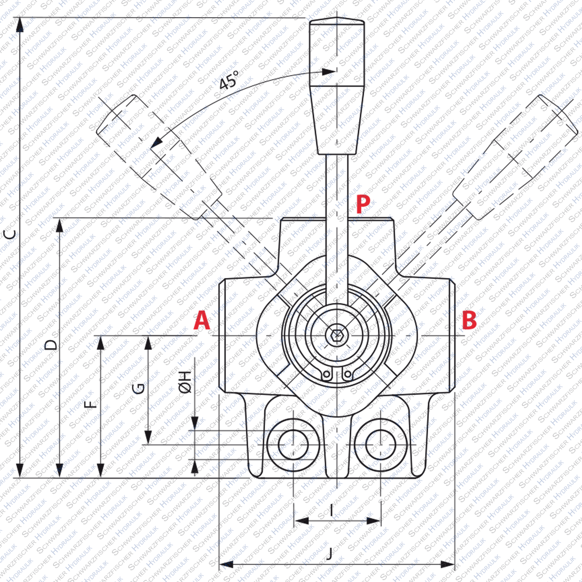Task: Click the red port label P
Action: point(363,204)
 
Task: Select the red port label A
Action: point(202,321)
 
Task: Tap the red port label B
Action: point(469,320)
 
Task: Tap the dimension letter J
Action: point(329,554)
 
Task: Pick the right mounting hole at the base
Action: point(380,444)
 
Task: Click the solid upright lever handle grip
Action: point(337,86)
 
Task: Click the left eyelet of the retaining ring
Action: point(326,374)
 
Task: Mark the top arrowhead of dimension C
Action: point(19,24)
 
